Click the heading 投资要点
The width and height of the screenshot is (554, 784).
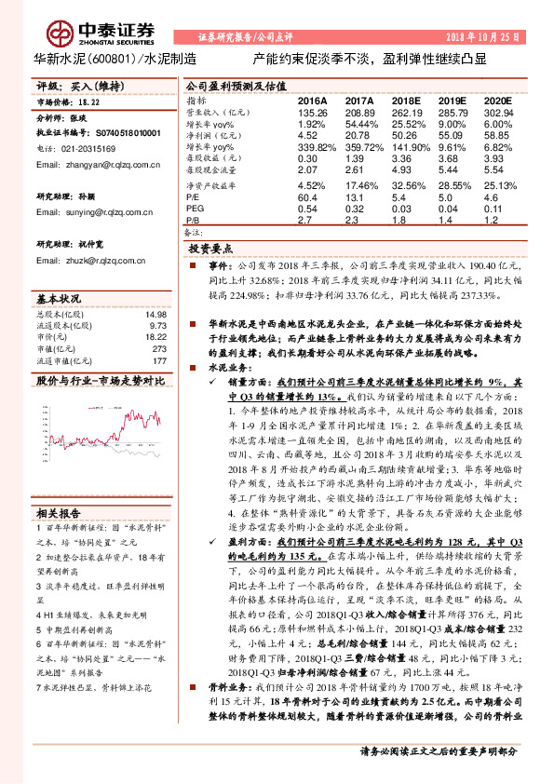[x=209, y=250]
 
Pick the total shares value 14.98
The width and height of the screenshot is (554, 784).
[x=155, y=314]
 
